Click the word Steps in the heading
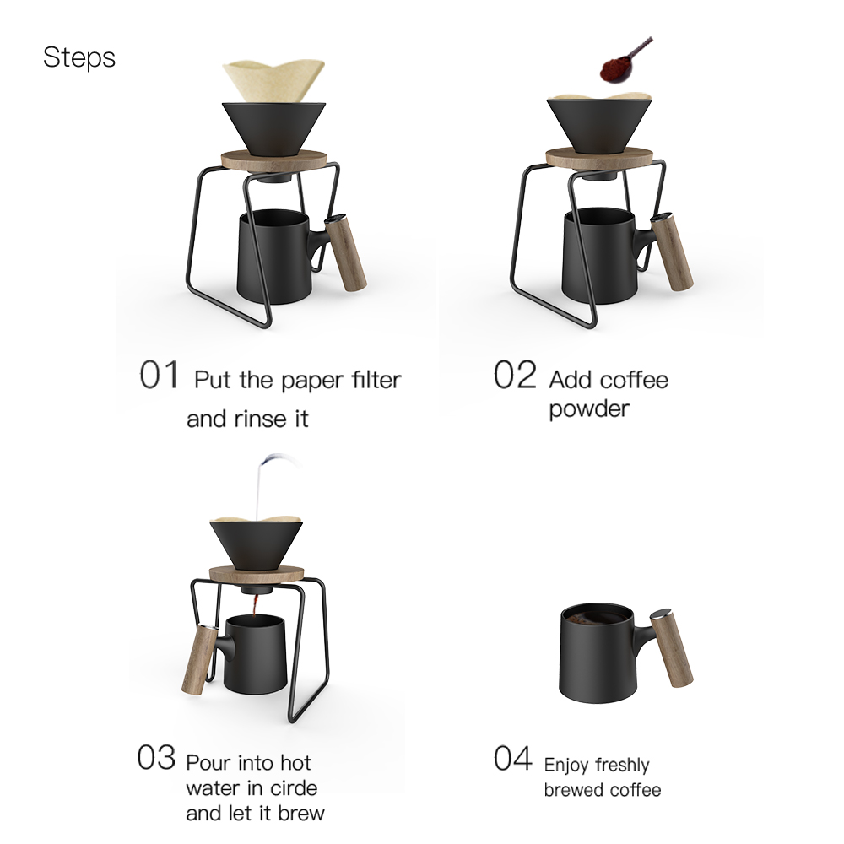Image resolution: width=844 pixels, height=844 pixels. tap(79, 57)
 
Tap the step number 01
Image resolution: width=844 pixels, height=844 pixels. tap(159, 375)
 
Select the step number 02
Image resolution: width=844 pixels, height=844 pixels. tap(515, 375)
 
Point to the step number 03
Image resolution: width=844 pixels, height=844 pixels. tap(156, 757)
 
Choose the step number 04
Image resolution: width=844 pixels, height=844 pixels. tap(513, 758)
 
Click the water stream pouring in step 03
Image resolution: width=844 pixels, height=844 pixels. tap(263, 485)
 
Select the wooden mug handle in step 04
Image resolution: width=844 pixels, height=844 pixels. tap(671, 648)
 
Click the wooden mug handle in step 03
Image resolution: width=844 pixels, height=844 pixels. tap(199, 661)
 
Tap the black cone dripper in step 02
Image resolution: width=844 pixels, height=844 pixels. tap(599, 125)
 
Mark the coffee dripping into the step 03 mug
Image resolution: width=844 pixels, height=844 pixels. tap(255, 606)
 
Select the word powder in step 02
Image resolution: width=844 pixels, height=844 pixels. tap(589, 409)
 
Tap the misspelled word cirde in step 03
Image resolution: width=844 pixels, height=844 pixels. tap(294, 788)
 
